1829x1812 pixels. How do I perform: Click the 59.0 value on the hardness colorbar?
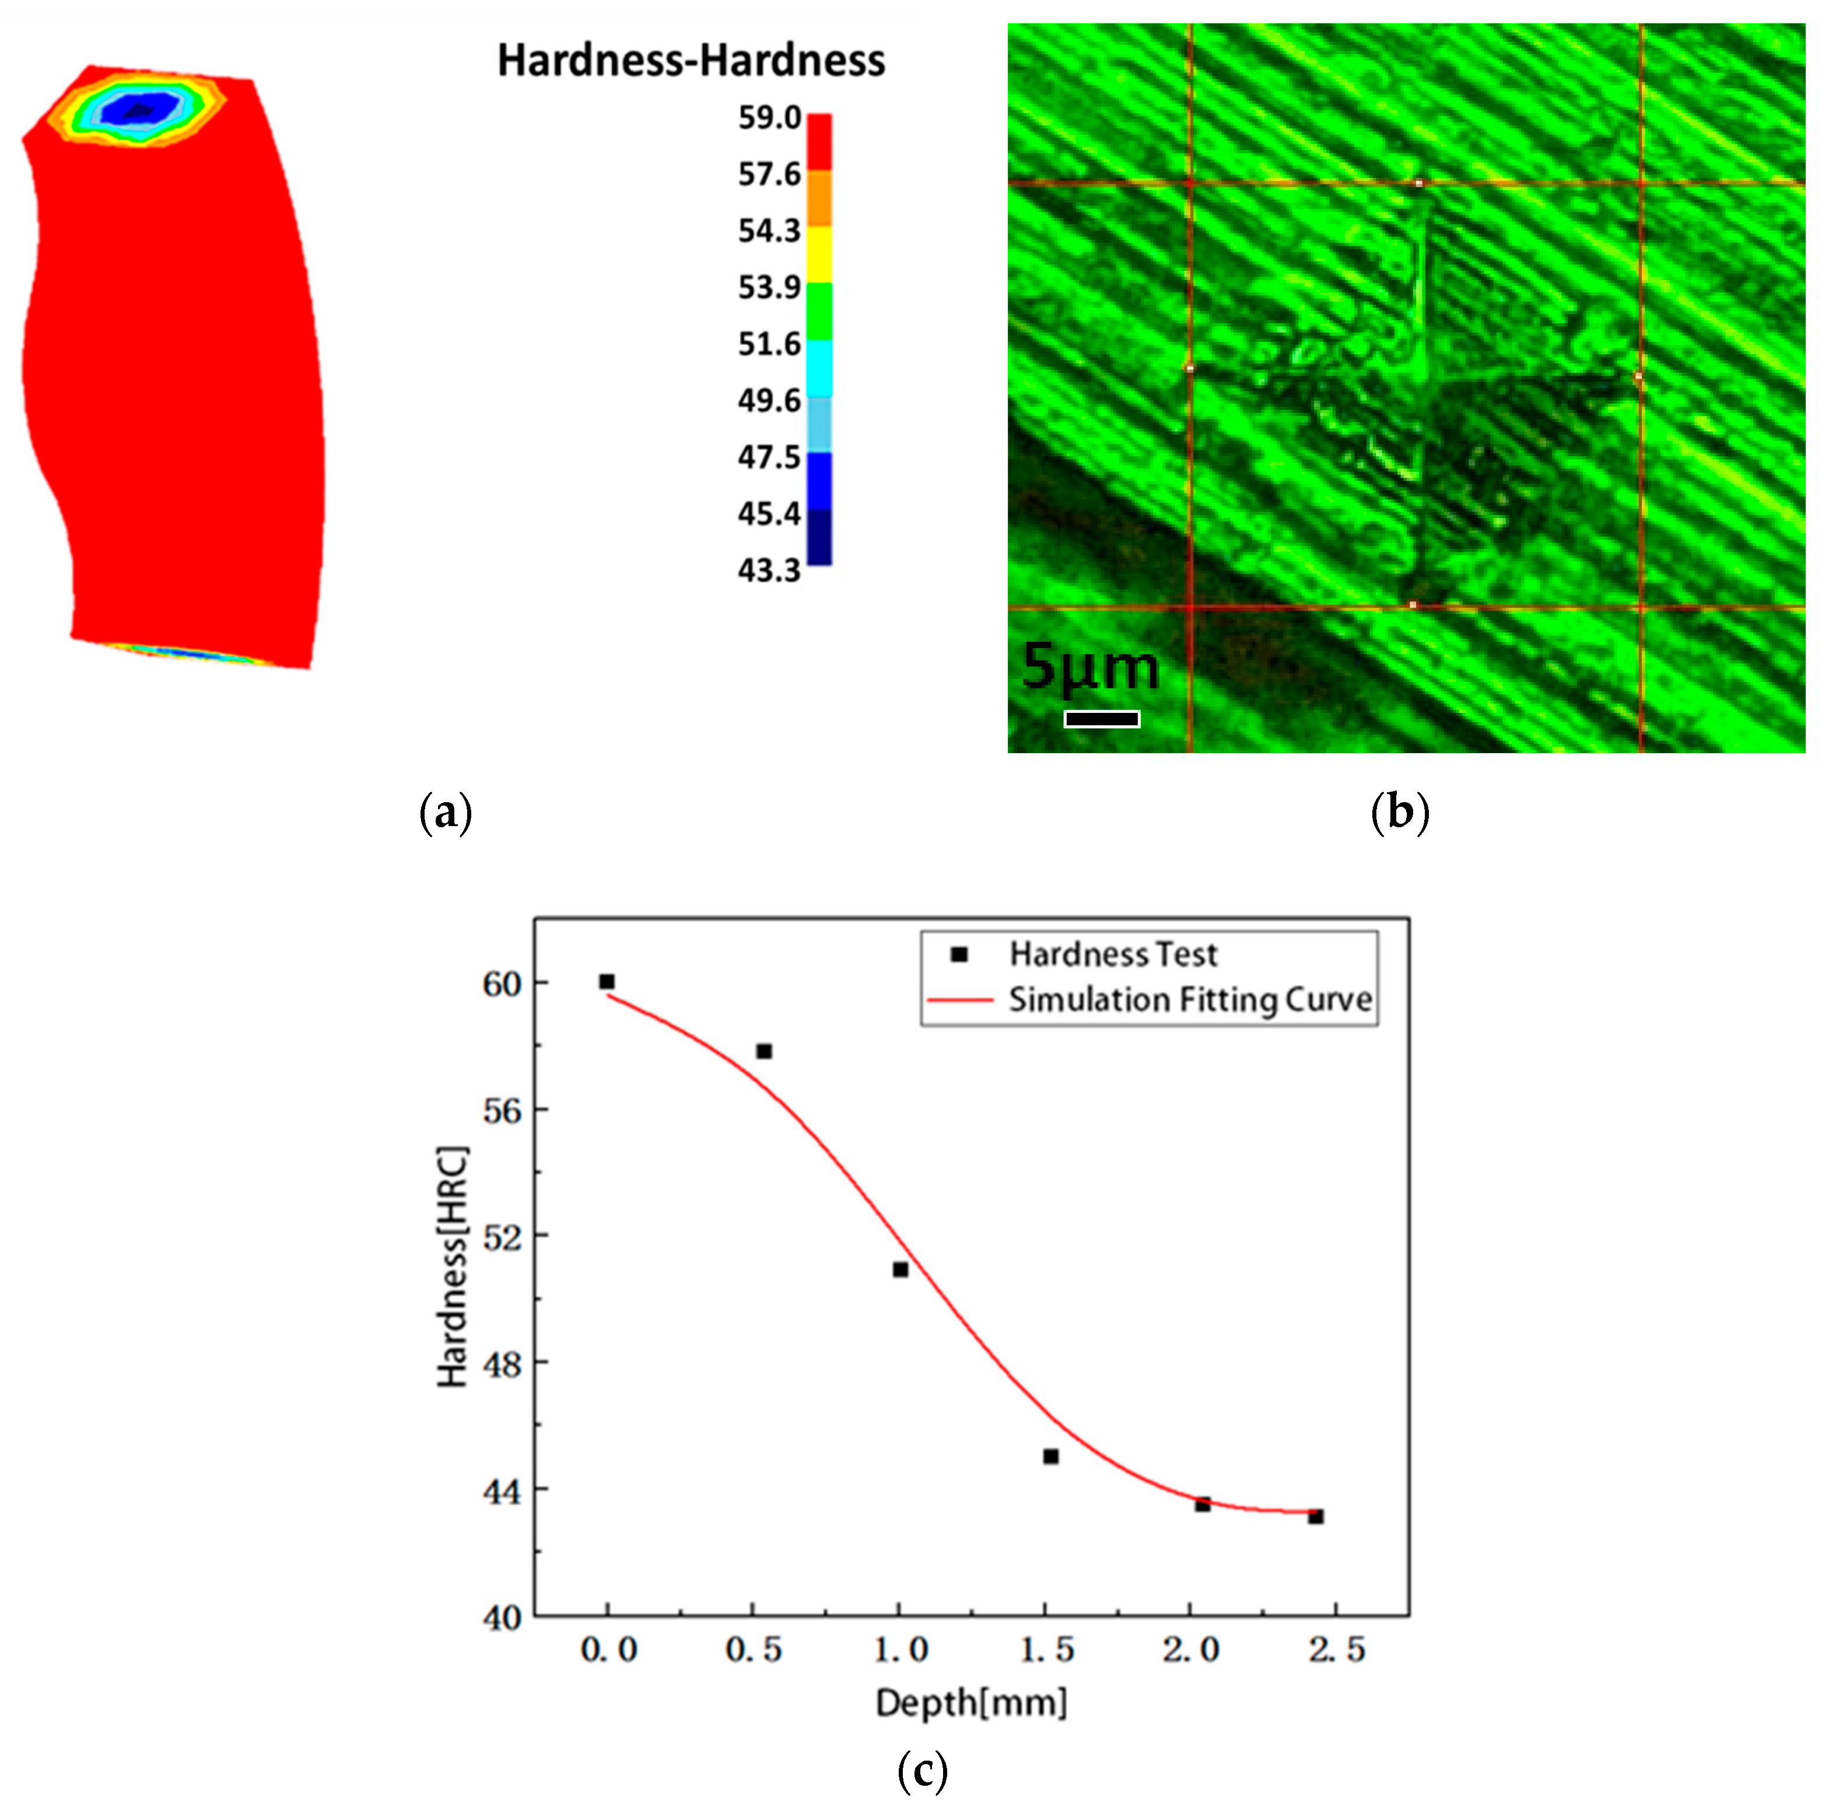(769, 118)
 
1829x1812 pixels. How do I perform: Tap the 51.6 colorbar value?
(769, 344)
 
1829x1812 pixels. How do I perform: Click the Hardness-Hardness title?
(691, 61)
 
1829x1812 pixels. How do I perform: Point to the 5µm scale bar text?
(1091, 667)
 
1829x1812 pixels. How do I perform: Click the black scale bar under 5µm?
(1101, 719)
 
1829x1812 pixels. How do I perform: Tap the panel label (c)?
(921, 1768)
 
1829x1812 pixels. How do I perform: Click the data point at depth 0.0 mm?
(607, 982)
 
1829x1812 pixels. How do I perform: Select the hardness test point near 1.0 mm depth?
(901, 1269)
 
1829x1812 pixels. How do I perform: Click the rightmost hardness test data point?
(1316, 1517)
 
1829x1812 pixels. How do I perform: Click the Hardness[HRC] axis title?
(453, 1269)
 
